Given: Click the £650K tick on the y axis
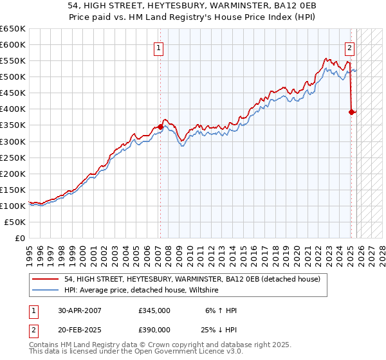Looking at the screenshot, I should pyautogui.click(x=14, y=29).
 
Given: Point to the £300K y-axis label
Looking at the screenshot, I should pyautogui.click(x=14, y=141).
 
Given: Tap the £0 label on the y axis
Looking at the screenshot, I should pyautogui.click(x=21, y=238).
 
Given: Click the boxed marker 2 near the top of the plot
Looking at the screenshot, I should pyautogui.click(x=349, y=47).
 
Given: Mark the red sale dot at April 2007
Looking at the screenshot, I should pyautogui.click(x=160, y=127).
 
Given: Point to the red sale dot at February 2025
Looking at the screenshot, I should pyautogui.click(x=351, y=113).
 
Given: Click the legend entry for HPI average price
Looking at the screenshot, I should pyautogui.click(x=142, y=291).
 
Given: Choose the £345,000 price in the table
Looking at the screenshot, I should pyautogui.click(x=154, y=310).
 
